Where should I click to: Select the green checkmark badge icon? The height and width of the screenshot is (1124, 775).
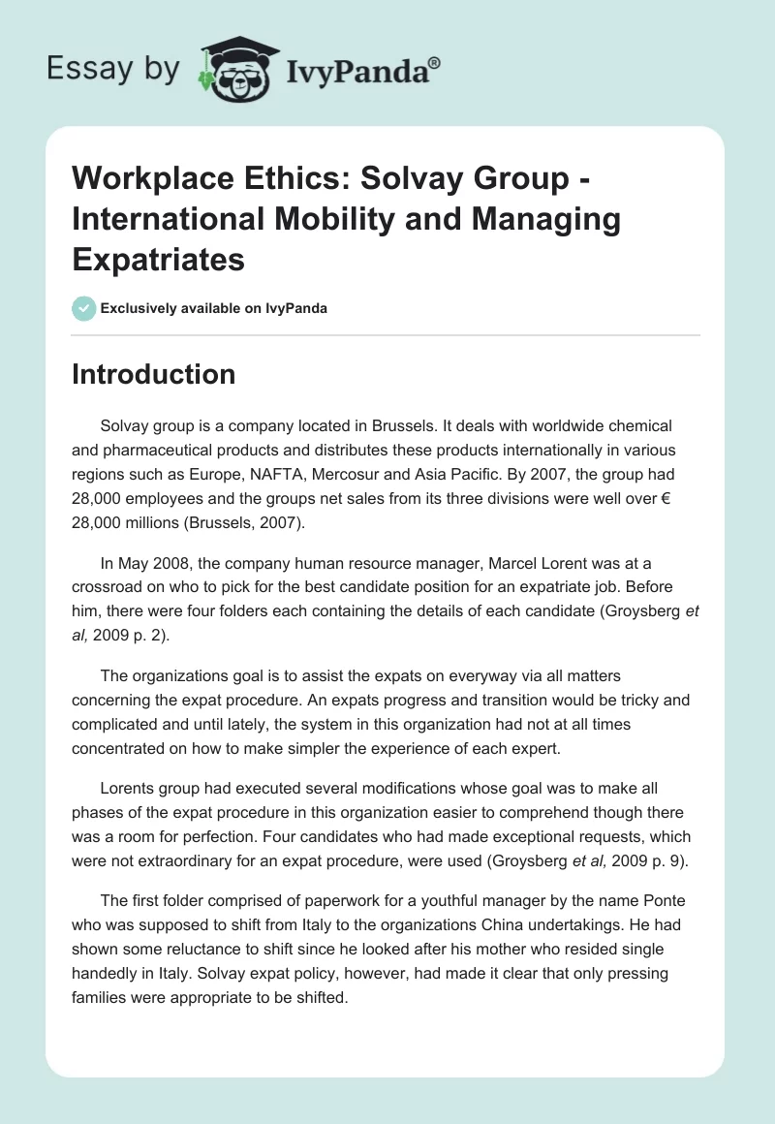coord(83,308)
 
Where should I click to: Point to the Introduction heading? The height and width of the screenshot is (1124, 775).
coord(153,374)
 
